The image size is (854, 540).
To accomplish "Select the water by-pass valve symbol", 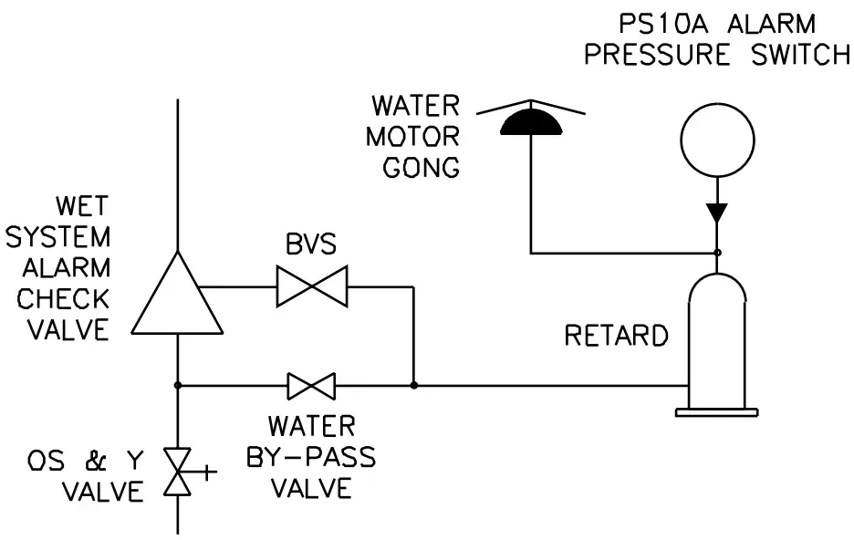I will click(311, 386).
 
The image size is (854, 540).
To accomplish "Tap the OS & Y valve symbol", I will click(176, 472).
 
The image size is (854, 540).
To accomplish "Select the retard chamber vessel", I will click(717, 342).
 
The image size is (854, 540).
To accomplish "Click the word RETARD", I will click(616, 336).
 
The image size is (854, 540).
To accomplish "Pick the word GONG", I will click(412, 168).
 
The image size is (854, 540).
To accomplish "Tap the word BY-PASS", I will click(311, 456).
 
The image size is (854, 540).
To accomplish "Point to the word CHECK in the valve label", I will click(63, 298).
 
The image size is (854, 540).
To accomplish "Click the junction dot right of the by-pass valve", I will click(414, 386).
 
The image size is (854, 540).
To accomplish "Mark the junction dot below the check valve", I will click(177, 386).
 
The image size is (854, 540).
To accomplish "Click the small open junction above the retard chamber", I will click(717, 253).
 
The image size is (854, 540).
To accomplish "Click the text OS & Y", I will click(83, 462).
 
